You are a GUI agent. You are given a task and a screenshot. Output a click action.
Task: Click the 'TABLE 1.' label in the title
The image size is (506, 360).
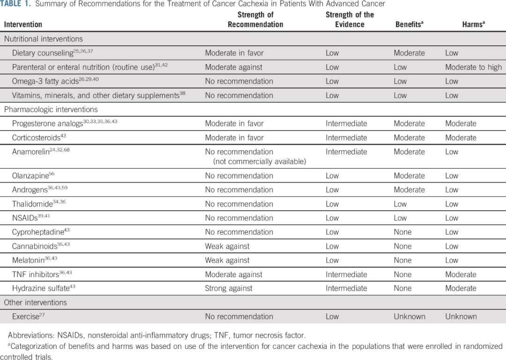click(18, 4)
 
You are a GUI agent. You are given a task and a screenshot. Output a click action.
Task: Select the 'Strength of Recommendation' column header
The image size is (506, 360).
click(255, 20)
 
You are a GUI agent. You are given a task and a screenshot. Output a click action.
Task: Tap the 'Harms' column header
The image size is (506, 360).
click(473, 24)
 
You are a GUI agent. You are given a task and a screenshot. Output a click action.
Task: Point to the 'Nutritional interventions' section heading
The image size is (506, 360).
click(44, 39)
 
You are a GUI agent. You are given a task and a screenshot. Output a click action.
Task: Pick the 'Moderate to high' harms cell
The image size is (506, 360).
click(473, 67)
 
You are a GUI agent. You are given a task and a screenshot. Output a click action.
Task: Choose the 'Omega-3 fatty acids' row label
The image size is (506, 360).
click(45, 81)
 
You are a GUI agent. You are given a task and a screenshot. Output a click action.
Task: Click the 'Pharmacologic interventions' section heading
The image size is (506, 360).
click(51, 110)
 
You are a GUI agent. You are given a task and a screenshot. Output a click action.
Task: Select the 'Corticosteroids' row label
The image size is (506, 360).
click(37, 138)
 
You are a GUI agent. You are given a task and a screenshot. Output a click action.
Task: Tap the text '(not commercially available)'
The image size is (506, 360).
click(259, 162)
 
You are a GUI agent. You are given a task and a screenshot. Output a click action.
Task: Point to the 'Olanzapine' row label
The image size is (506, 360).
click(30, 176)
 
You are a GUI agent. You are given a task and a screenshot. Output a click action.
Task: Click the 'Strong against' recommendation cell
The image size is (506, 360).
click(229, 288)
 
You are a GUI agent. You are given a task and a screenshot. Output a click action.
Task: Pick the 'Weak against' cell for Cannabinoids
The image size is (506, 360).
click(227, 246)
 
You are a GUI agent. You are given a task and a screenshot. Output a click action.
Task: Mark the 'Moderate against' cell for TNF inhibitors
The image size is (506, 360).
click(234, 274)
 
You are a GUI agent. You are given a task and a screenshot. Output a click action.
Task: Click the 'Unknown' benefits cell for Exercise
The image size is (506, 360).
click(409, 316)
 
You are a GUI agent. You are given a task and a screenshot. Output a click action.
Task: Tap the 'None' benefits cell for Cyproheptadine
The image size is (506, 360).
click(402, 232)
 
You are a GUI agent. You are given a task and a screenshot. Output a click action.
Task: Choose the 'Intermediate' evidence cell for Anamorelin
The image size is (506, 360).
click(346, 152)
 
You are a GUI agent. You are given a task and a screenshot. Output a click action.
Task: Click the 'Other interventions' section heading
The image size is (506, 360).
click(36, 302)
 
